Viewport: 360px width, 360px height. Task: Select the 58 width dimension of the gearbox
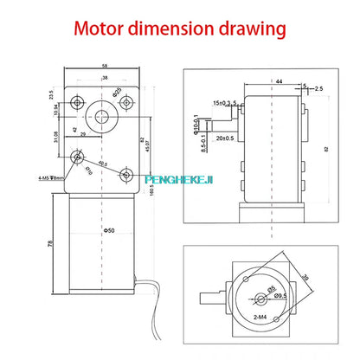[x=104, y=66]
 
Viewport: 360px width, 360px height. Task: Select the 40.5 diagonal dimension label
[x=103, y=161]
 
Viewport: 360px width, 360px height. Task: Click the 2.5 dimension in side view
[x=319, y=87]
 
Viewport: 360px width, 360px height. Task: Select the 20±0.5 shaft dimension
[x=228, y=138]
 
